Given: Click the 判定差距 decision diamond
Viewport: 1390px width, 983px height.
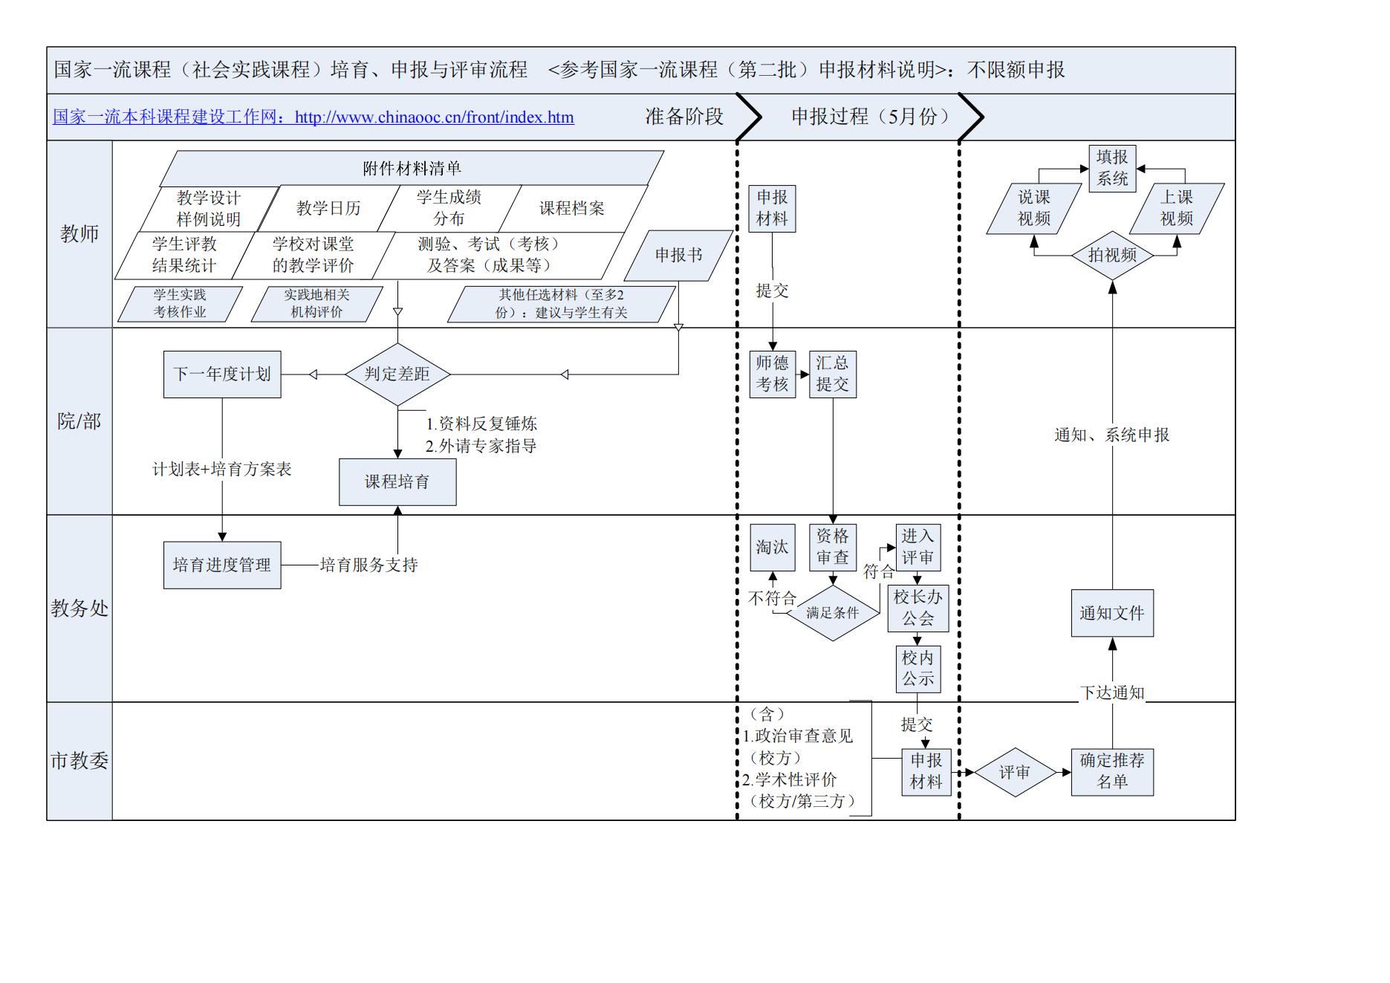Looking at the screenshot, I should [x=397, y=374].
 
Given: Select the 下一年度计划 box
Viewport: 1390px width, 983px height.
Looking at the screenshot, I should [x=222, y=374].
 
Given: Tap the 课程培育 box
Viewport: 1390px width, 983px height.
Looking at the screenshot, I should [x=397, y=481].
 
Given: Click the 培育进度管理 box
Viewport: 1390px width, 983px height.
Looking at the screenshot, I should [x=222, y=565].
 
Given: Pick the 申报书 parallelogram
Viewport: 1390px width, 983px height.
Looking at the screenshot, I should [x=678, y=255].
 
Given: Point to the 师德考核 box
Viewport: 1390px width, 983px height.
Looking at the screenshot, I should [x=772, y=374].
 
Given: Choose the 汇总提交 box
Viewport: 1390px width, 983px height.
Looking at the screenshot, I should [x=832, y=374].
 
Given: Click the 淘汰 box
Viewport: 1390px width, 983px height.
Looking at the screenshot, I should [x=772, y=547].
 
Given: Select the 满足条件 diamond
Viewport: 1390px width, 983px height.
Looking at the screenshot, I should [x=832, y=613].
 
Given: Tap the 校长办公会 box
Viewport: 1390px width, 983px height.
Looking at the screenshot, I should [x=918, y=608].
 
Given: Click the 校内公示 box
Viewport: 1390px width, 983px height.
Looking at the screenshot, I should [x=918, y=668].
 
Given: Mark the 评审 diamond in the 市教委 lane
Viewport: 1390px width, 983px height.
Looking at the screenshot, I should [x=1014, y=772].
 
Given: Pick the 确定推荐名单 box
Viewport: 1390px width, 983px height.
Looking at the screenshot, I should [x=1112, y=771].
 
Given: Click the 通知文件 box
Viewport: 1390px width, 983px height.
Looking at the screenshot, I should [x=1112, y=613].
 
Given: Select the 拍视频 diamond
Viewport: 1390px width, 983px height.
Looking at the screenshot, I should [x=1112, y=255].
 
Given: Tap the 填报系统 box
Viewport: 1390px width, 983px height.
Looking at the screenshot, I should [x=1112, y=168].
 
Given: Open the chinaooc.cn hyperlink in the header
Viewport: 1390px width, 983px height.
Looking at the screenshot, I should [x=313, y=117].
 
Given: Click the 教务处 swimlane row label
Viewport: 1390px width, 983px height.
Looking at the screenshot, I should [x=79, y=609].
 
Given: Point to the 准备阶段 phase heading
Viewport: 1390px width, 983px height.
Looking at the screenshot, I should [x=683, y=117].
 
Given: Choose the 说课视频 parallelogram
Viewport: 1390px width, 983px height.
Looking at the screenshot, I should [x=1033, y=208].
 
